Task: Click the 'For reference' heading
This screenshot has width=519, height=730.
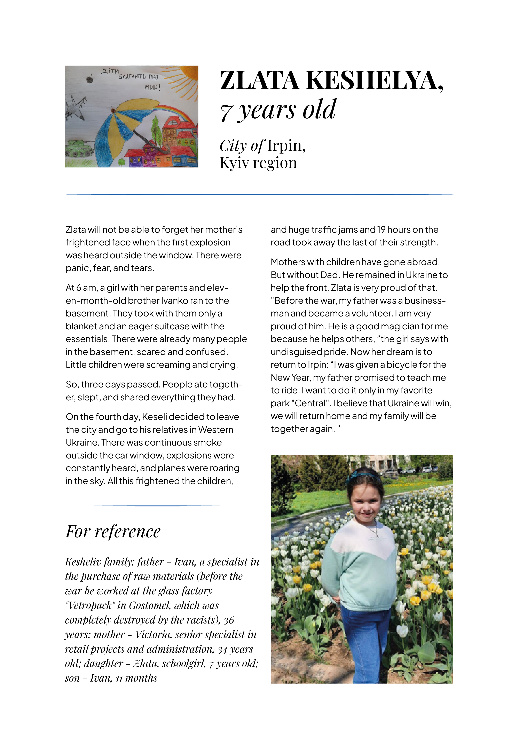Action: click(113, 532)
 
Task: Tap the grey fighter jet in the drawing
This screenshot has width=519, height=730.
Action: click(76, 108)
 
